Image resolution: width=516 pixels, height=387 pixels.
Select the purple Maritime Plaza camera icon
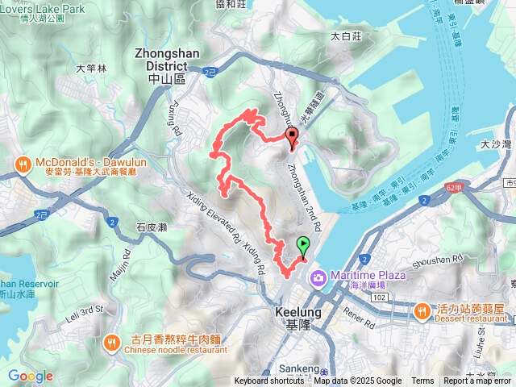(x=318, y=277)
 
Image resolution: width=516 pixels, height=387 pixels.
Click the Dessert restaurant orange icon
(x=422, y=310)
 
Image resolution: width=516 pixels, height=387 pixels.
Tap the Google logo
(x=30, y=376)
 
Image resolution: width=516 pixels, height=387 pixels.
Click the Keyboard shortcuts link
(x=269, y=381)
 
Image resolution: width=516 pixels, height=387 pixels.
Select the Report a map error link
(x=477, y=381)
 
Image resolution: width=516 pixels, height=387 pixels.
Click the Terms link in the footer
(x=422, y=381)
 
